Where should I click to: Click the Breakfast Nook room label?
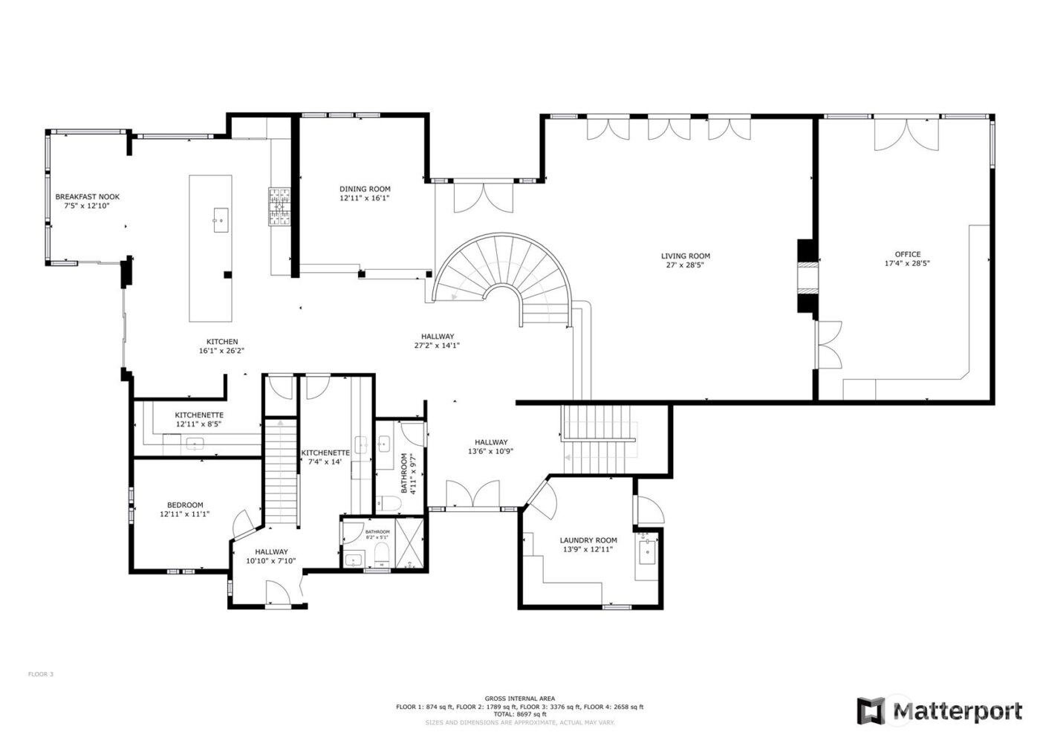[x=87, y=197]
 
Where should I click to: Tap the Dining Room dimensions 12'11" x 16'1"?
[x=365, y=198]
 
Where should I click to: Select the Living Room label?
[x=685, y=256]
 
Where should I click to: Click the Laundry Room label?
[x=588, y=540]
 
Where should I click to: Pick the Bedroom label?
[x=184, y=505]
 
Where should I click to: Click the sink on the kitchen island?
[x=221, y=220]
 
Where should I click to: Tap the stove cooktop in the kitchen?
[x=279, y=206]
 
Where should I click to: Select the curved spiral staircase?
[x=505, y=275]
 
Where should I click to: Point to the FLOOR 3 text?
[x=41, y=675]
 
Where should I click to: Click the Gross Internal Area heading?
[x=519, y=699]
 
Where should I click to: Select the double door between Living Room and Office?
[x=828, y=344]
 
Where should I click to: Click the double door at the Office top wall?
[x=906, y=135]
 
